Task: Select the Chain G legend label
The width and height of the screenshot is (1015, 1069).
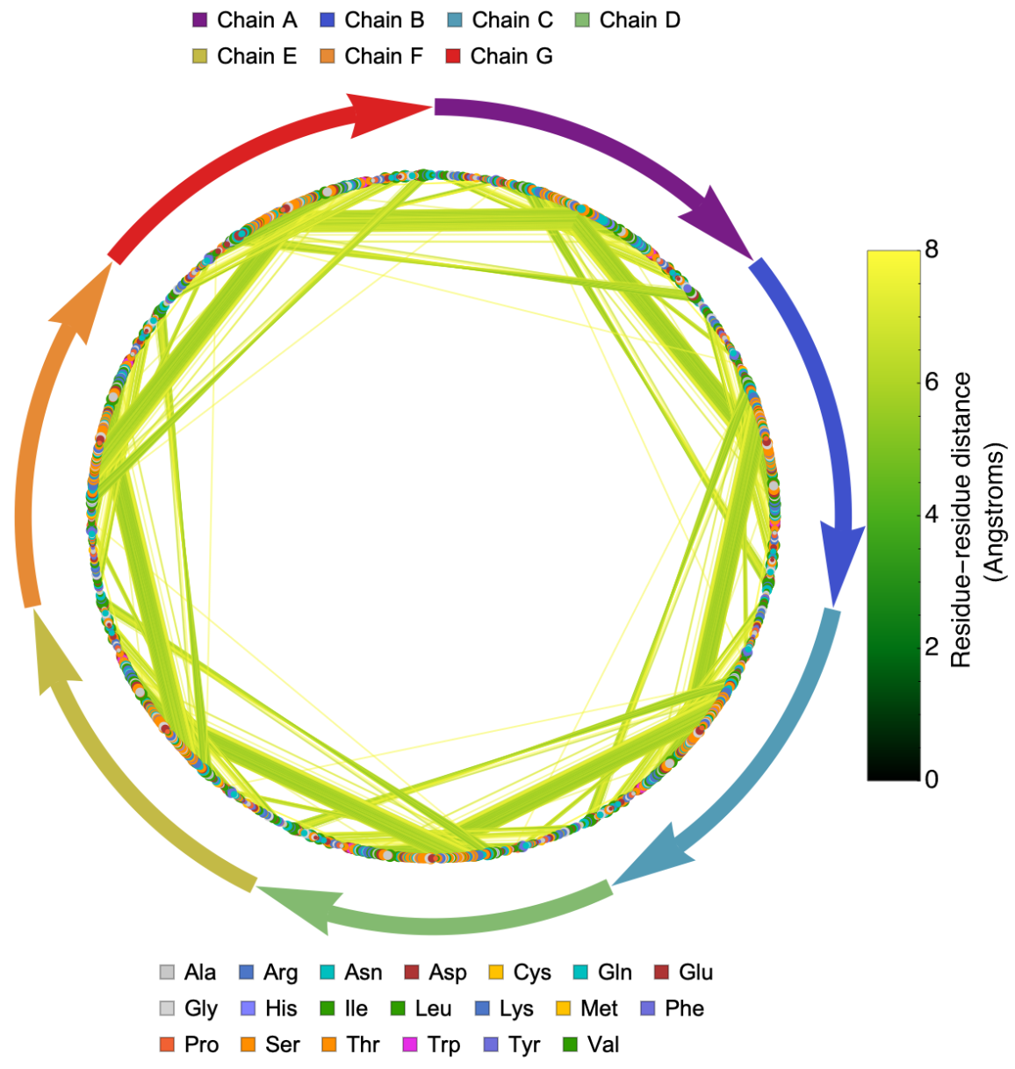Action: point(511,56)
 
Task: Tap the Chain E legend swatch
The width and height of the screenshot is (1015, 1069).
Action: point(200,57)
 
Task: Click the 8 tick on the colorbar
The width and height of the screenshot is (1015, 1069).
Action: point(931,249)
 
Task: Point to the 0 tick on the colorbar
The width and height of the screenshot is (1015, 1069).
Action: point(931,778)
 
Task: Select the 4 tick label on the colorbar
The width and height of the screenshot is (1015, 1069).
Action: point(931,513)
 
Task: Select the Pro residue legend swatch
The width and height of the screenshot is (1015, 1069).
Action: point(167,1045)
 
